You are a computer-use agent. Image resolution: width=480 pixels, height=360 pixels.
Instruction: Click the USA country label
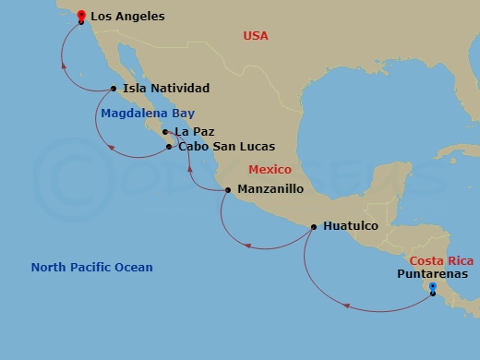(255, 35)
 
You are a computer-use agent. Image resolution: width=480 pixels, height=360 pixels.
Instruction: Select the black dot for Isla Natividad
(114, 89)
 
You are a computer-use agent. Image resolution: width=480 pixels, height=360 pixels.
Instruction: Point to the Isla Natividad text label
(166, 89)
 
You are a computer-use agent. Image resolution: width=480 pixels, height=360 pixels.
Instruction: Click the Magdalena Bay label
(141, 114)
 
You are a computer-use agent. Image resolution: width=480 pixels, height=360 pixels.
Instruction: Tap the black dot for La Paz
(165, 132)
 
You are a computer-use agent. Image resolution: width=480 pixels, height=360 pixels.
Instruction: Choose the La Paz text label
(195, 132)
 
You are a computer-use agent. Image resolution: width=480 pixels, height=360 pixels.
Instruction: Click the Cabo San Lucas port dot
(168, 146)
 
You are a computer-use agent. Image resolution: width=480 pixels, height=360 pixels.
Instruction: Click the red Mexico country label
(270, 170)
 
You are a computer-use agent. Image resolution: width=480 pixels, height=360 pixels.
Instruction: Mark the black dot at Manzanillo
(228, 190)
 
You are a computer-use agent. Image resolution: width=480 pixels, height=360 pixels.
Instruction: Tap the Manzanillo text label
(270, 190)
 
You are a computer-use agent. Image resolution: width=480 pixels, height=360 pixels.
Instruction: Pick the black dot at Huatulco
(314, 226)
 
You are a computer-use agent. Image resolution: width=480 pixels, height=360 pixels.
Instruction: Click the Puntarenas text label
(432, 274)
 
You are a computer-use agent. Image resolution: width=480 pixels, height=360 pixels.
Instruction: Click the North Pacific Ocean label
(91, 268)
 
